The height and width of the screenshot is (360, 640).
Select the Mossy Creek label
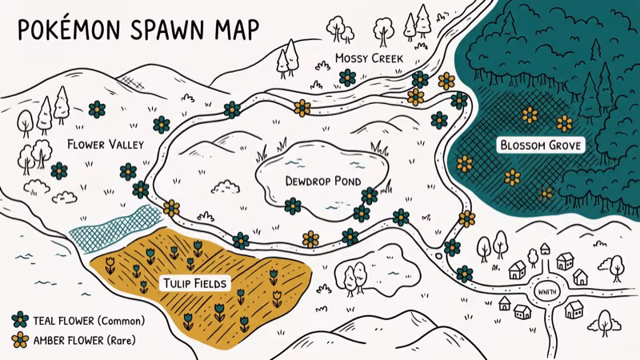(369, 58)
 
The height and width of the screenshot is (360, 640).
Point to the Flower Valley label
(105, 145)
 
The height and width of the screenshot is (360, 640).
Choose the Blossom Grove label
(540, 146)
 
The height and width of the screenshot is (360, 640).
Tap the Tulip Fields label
(196, 283)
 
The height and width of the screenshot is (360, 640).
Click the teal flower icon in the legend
(20, 320)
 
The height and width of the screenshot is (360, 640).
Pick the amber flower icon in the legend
(20, 341)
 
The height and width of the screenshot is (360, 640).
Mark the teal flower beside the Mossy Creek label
(347, 77)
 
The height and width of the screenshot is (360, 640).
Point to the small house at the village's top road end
(545, 249)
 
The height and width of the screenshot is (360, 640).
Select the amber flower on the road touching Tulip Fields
(171, 209)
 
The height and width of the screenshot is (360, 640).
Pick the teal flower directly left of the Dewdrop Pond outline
(293, 206)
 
